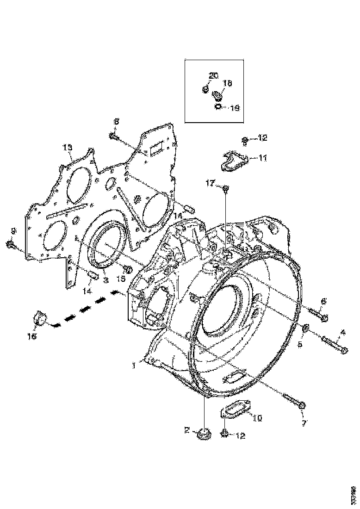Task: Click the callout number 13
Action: pos(68,147)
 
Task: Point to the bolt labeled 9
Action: pos(10,244)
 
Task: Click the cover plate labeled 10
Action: pos(236,410)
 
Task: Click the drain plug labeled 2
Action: pos(203,436)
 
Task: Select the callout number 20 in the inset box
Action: pos(212,75)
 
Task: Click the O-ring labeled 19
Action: pos(217,107)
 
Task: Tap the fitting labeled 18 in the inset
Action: pos(217,96)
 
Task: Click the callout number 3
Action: pos(106,280)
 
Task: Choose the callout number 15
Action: pos(121,279)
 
